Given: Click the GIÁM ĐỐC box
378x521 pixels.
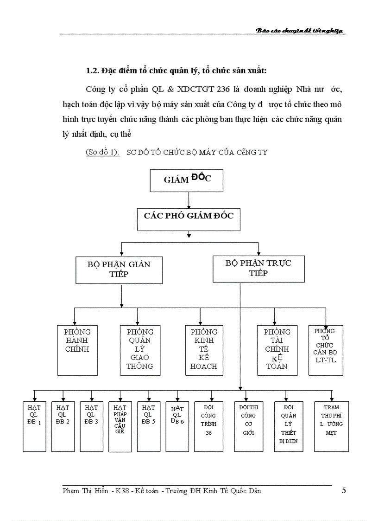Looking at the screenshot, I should (187, 180).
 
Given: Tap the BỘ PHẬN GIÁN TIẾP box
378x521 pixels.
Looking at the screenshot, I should (119, 269).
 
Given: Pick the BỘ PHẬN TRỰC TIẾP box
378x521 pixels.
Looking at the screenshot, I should (258, 268).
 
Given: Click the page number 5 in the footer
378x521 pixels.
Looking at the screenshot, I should (343, 491).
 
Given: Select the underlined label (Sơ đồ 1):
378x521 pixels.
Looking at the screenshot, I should (102, 152).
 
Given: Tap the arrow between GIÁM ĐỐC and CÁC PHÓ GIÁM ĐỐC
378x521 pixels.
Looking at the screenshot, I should (189, 200).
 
